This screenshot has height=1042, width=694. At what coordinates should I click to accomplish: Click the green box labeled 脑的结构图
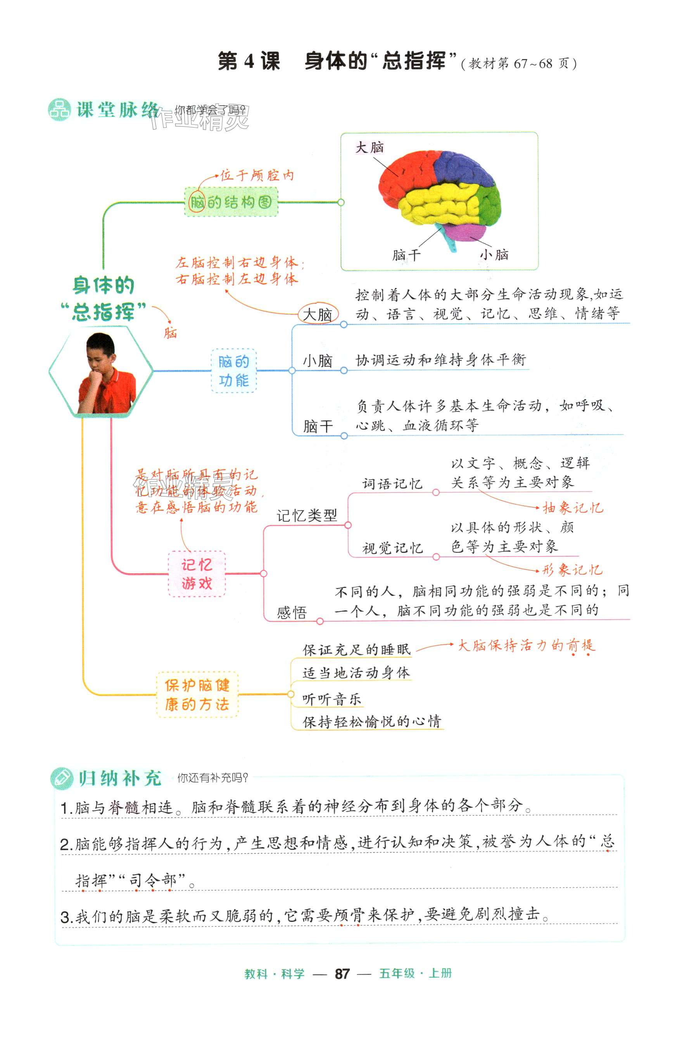[x=231, y=202]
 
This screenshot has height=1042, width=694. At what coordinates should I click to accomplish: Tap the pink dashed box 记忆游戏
[x=197, y=574]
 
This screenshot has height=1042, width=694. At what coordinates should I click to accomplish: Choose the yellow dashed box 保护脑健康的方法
[x=197, y=695]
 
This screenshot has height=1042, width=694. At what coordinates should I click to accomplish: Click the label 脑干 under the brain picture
[x=406, y=255]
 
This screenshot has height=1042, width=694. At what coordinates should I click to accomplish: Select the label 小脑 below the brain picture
[x=494, y=254]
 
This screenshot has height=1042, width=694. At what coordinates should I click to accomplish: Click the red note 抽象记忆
[x=573, y=508]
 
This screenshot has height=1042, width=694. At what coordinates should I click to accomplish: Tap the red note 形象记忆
[x=572, y=570]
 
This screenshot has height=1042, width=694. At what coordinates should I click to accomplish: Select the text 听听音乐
[x=332, y=700]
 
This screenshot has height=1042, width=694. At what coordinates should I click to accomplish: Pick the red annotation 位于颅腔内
[x=257, y=176]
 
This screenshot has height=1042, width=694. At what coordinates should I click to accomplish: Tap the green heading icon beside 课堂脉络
[x=59, y=110]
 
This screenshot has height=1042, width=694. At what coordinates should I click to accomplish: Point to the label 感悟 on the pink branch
[x=292, y=613]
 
